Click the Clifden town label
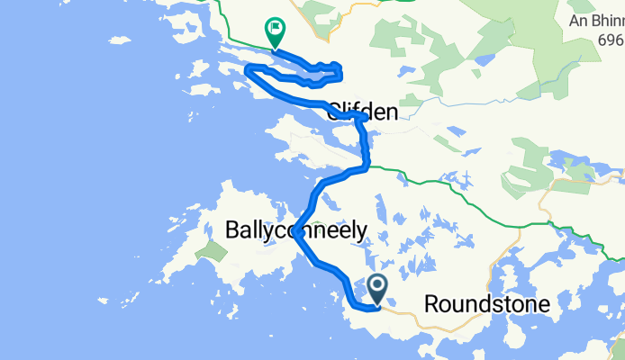coord(362,112)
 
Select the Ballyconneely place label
coord(295,230)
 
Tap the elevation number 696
coord(610,40)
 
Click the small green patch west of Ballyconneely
coord(213,250)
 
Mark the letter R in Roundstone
coord(431,304)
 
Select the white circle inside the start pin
coord(378,286)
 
